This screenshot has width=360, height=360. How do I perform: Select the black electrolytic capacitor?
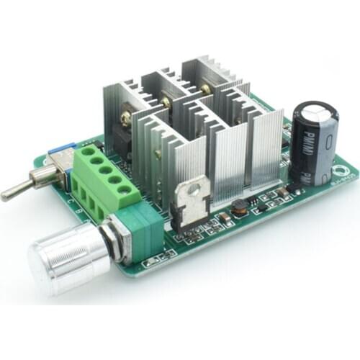[315, 143]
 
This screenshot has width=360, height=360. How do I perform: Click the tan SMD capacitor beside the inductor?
[224, 214]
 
